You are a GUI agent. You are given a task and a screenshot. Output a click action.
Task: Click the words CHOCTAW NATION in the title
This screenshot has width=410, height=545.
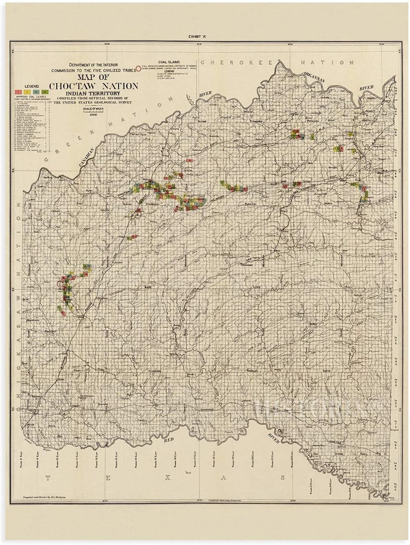coord(93,86)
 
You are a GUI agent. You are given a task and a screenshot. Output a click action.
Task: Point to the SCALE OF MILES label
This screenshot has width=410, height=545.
coord(94,108)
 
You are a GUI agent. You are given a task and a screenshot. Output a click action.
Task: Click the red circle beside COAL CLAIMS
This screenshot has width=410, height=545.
coord(138,68)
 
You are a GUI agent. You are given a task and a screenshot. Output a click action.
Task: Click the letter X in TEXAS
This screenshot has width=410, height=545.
coord(166,478)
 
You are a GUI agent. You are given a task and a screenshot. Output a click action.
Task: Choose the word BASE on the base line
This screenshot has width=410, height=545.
coord(149,287)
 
